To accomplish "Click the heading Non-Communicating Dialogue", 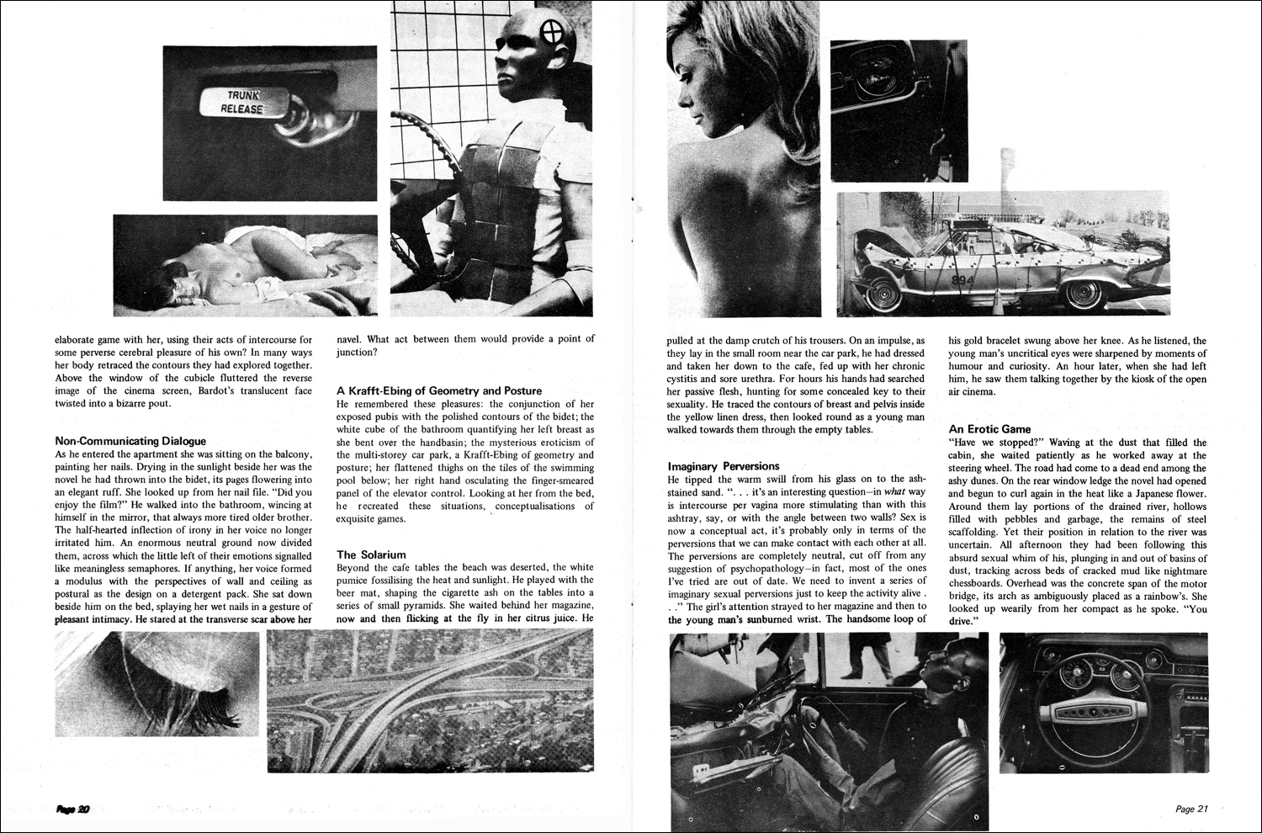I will (x=130, y=440).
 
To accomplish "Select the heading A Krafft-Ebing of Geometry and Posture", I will (x=438, y=390).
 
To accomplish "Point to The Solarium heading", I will (x=371, y=554).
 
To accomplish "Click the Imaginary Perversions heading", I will (x=724, y=465).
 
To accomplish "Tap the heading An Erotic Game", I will (x=989, y=429).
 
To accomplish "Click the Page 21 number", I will (x=1191, y=809).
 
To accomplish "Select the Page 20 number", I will (x=73, y=809).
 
